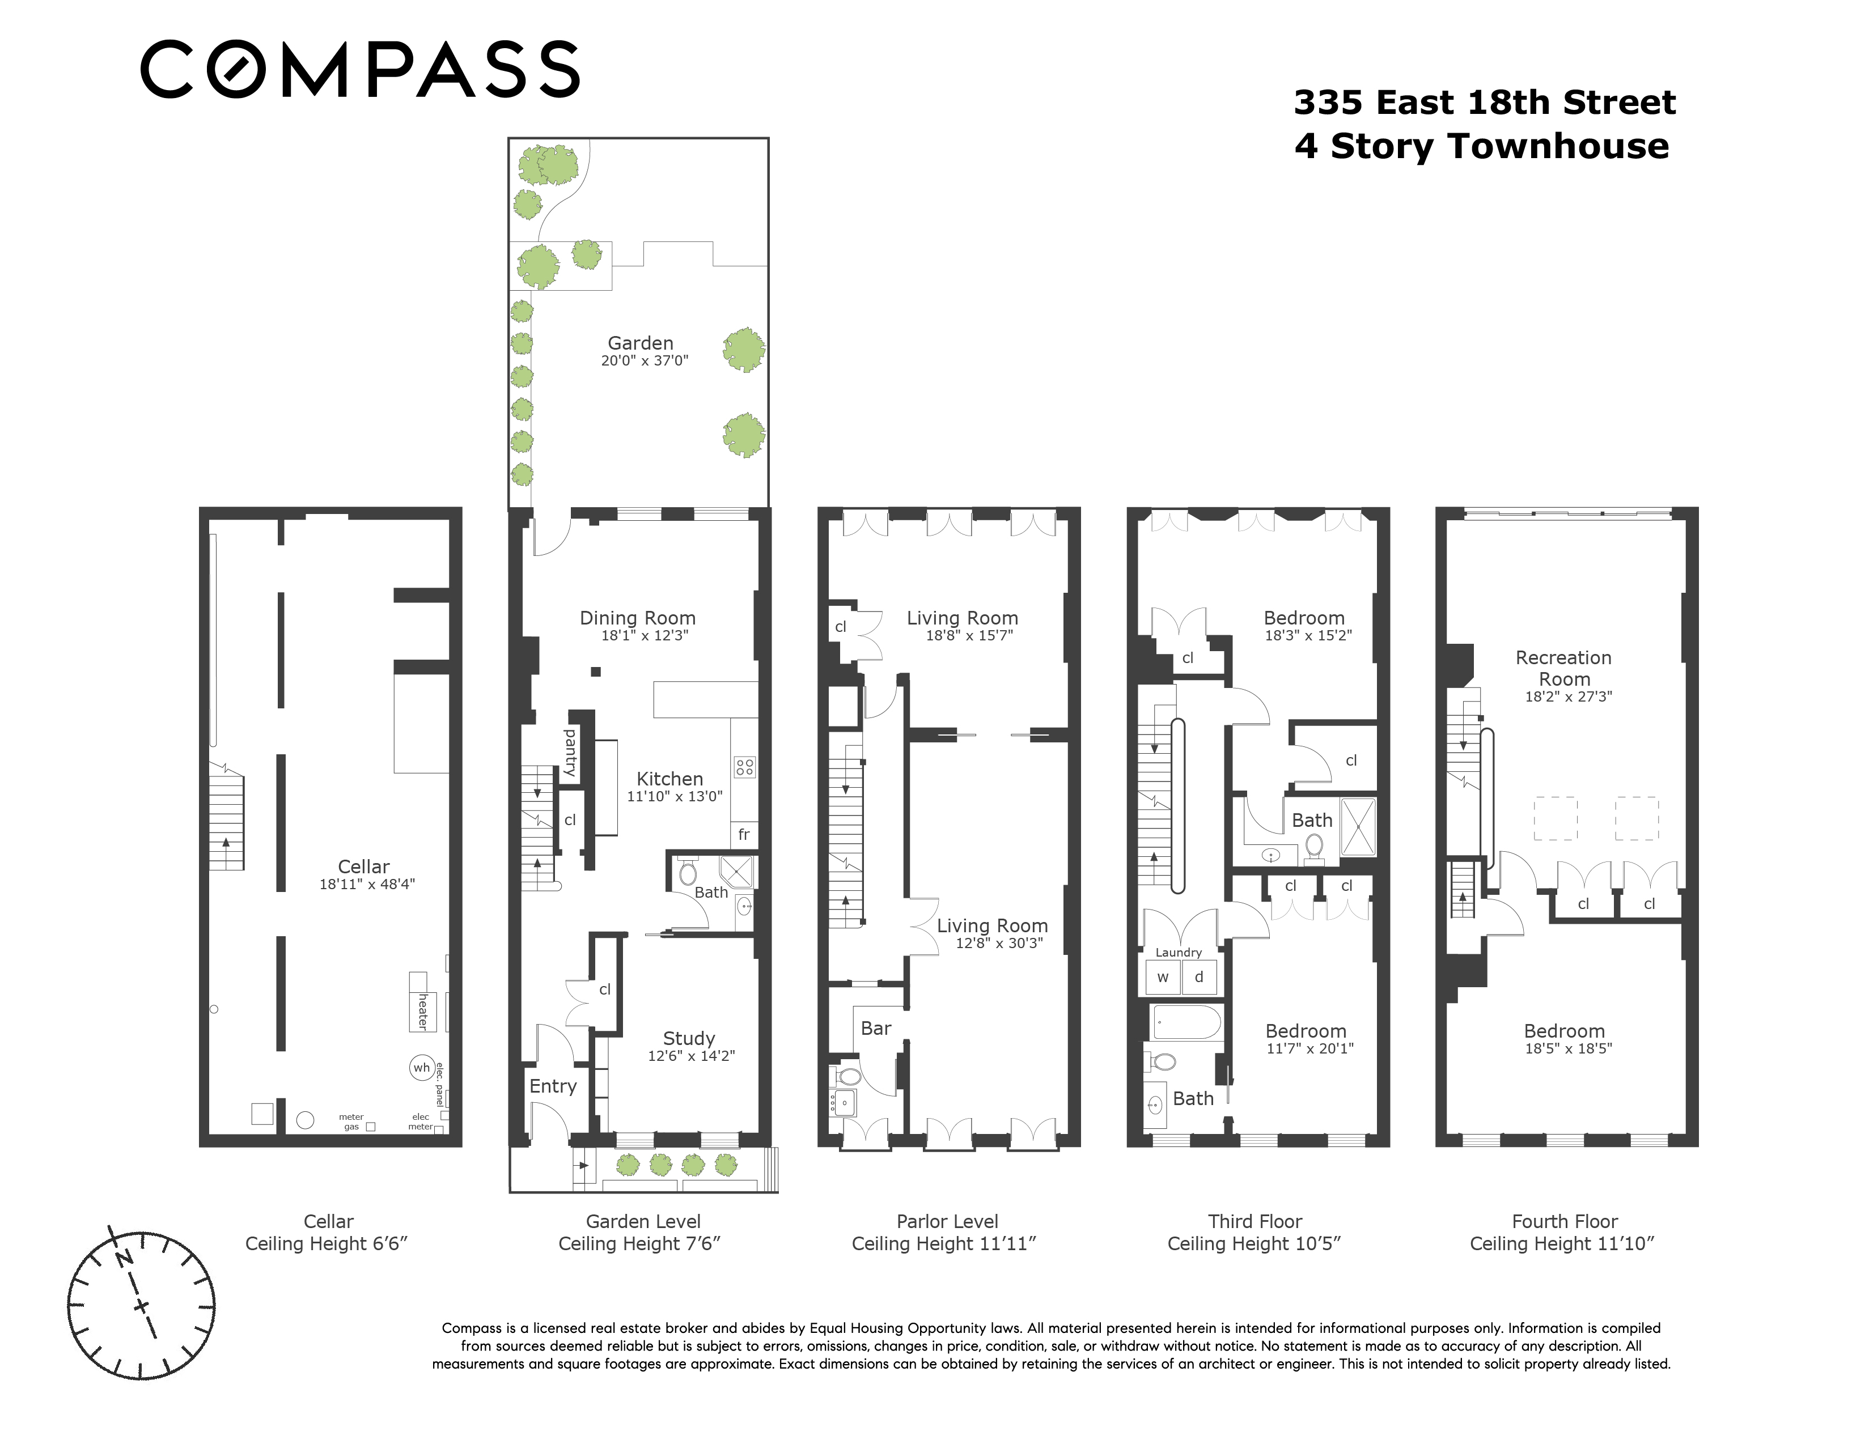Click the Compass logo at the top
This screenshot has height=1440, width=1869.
click(x=359, y=69)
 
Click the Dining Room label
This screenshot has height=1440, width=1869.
click(x=638, y=618)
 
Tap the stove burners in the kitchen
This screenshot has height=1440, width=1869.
click(x=744, y=767)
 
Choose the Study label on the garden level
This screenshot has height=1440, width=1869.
click(x=689, y=1039)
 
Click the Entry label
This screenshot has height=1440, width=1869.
click(x=553, y=1086)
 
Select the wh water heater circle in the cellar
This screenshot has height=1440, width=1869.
click(x=422, y=1068)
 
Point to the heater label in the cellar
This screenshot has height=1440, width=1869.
click(x=422, y=1012)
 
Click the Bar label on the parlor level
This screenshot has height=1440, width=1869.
click(x=875, y=1029)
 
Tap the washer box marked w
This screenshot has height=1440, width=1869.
click(x=1162, y=977)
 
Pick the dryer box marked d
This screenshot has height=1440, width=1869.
click(x=1199, y=977)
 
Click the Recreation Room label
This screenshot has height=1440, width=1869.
click(x=1563, y=668)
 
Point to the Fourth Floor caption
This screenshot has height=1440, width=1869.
click(x=1565, y=1222)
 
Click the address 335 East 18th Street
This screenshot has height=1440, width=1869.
click(x=1485, y=103)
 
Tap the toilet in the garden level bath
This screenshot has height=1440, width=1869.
click(x=687, y=873)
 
